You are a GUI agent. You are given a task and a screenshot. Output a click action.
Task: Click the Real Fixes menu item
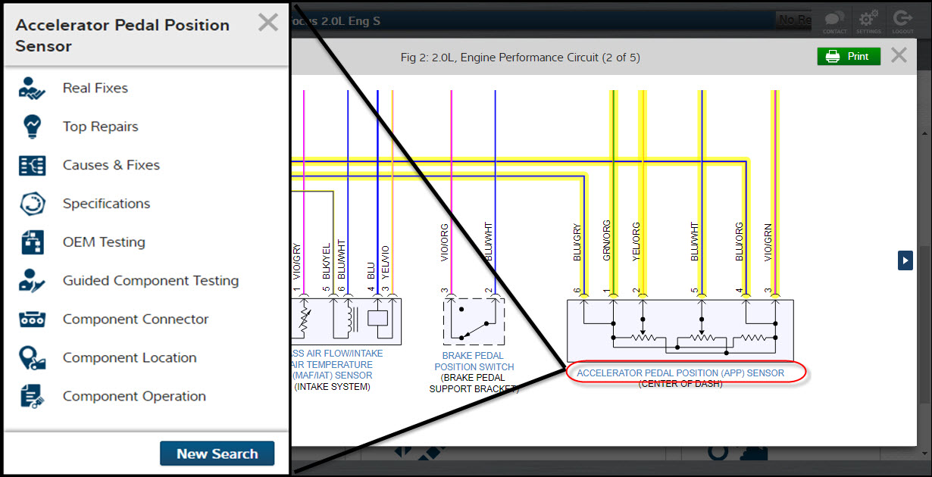pos(95,88)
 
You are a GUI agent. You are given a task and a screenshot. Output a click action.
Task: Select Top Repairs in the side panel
pos(100,126)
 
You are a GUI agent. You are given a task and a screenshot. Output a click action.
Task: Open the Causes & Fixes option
pos(111,165)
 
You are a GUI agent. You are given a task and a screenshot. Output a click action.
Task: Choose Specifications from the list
pos(106,204)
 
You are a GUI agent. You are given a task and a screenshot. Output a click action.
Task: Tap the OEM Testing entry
pos(104,242)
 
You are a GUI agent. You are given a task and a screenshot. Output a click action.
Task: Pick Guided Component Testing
pos(150,281)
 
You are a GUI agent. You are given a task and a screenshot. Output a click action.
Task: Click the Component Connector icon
pos(33,320)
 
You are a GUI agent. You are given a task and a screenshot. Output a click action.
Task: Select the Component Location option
pos(129,358)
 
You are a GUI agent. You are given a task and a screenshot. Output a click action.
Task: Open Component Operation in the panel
pos(133,397)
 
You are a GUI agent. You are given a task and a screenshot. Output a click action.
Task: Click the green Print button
pos(848,57)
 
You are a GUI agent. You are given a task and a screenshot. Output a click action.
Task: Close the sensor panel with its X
pos(267,23)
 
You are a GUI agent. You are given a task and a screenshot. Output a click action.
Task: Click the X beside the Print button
pos(899,55)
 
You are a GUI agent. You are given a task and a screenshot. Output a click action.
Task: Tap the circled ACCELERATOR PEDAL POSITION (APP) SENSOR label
pos(680,373)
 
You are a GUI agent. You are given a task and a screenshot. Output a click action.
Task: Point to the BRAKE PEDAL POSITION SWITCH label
pos(474,361)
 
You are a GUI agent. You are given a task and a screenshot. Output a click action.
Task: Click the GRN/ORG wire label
pos(606,241)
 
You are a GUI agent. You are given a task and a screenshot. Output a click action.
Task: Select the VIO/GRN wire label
pos(768,241)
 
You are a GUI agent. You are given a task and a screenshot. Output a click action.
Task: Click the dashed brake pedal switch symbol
pos(474,323)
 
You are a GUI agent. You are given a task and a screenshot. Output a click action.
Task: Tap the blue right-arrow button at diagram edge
pos(905,260)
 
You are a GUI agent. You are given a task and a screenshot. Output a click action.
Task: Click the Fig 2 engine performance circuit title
pos(520,58)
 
